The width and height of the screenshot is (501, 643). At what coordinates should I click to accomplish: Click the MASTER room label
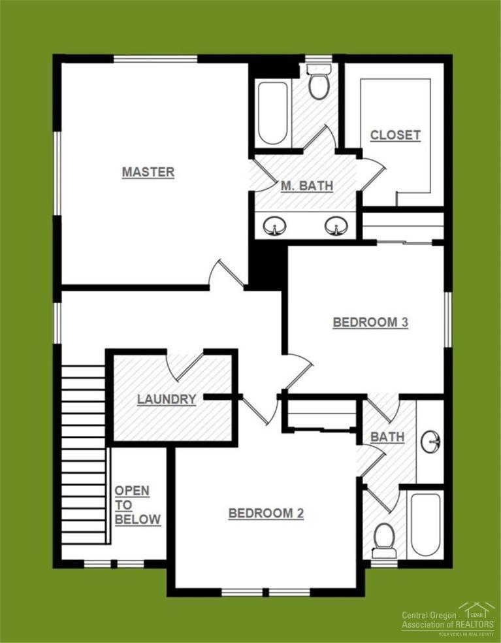pos(148,172)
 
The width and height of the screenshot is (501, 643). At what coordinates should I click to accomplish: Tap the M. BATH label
pos(306,186)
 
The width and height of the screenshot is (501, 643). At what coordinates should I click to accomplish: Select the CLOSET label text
pos(395,135)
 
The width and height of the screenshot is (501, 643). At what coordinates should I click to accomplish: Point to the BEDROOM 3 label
pos(370,322)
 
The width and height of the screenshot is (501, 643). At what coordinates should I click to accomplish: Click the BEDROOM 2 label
pos(266,513)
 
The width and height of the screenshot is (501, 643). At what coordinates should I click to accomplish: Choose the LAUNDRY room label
pos(167,399)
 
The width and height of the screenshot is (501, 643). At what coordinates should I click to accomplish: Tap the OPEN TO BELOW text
pos(137,505)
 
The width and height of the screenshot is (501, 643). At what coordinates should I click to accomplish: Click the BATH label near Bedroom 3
pos(387,436)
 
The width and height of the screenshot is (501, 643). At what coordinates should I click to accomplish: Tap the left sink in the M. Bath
pos(275,226)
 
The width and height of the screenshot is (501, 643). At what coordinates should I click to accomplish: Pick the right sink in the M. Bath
pos(336,226)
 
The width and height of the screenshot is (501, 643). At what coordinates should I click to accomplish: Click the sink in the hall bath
pos(431,442)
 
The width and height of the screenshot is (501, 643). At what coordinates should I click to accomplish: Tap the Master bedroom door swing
pos(225,274)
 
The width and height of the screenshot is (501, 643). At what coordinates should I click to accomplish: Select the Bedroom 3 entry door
pos(297,369)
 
